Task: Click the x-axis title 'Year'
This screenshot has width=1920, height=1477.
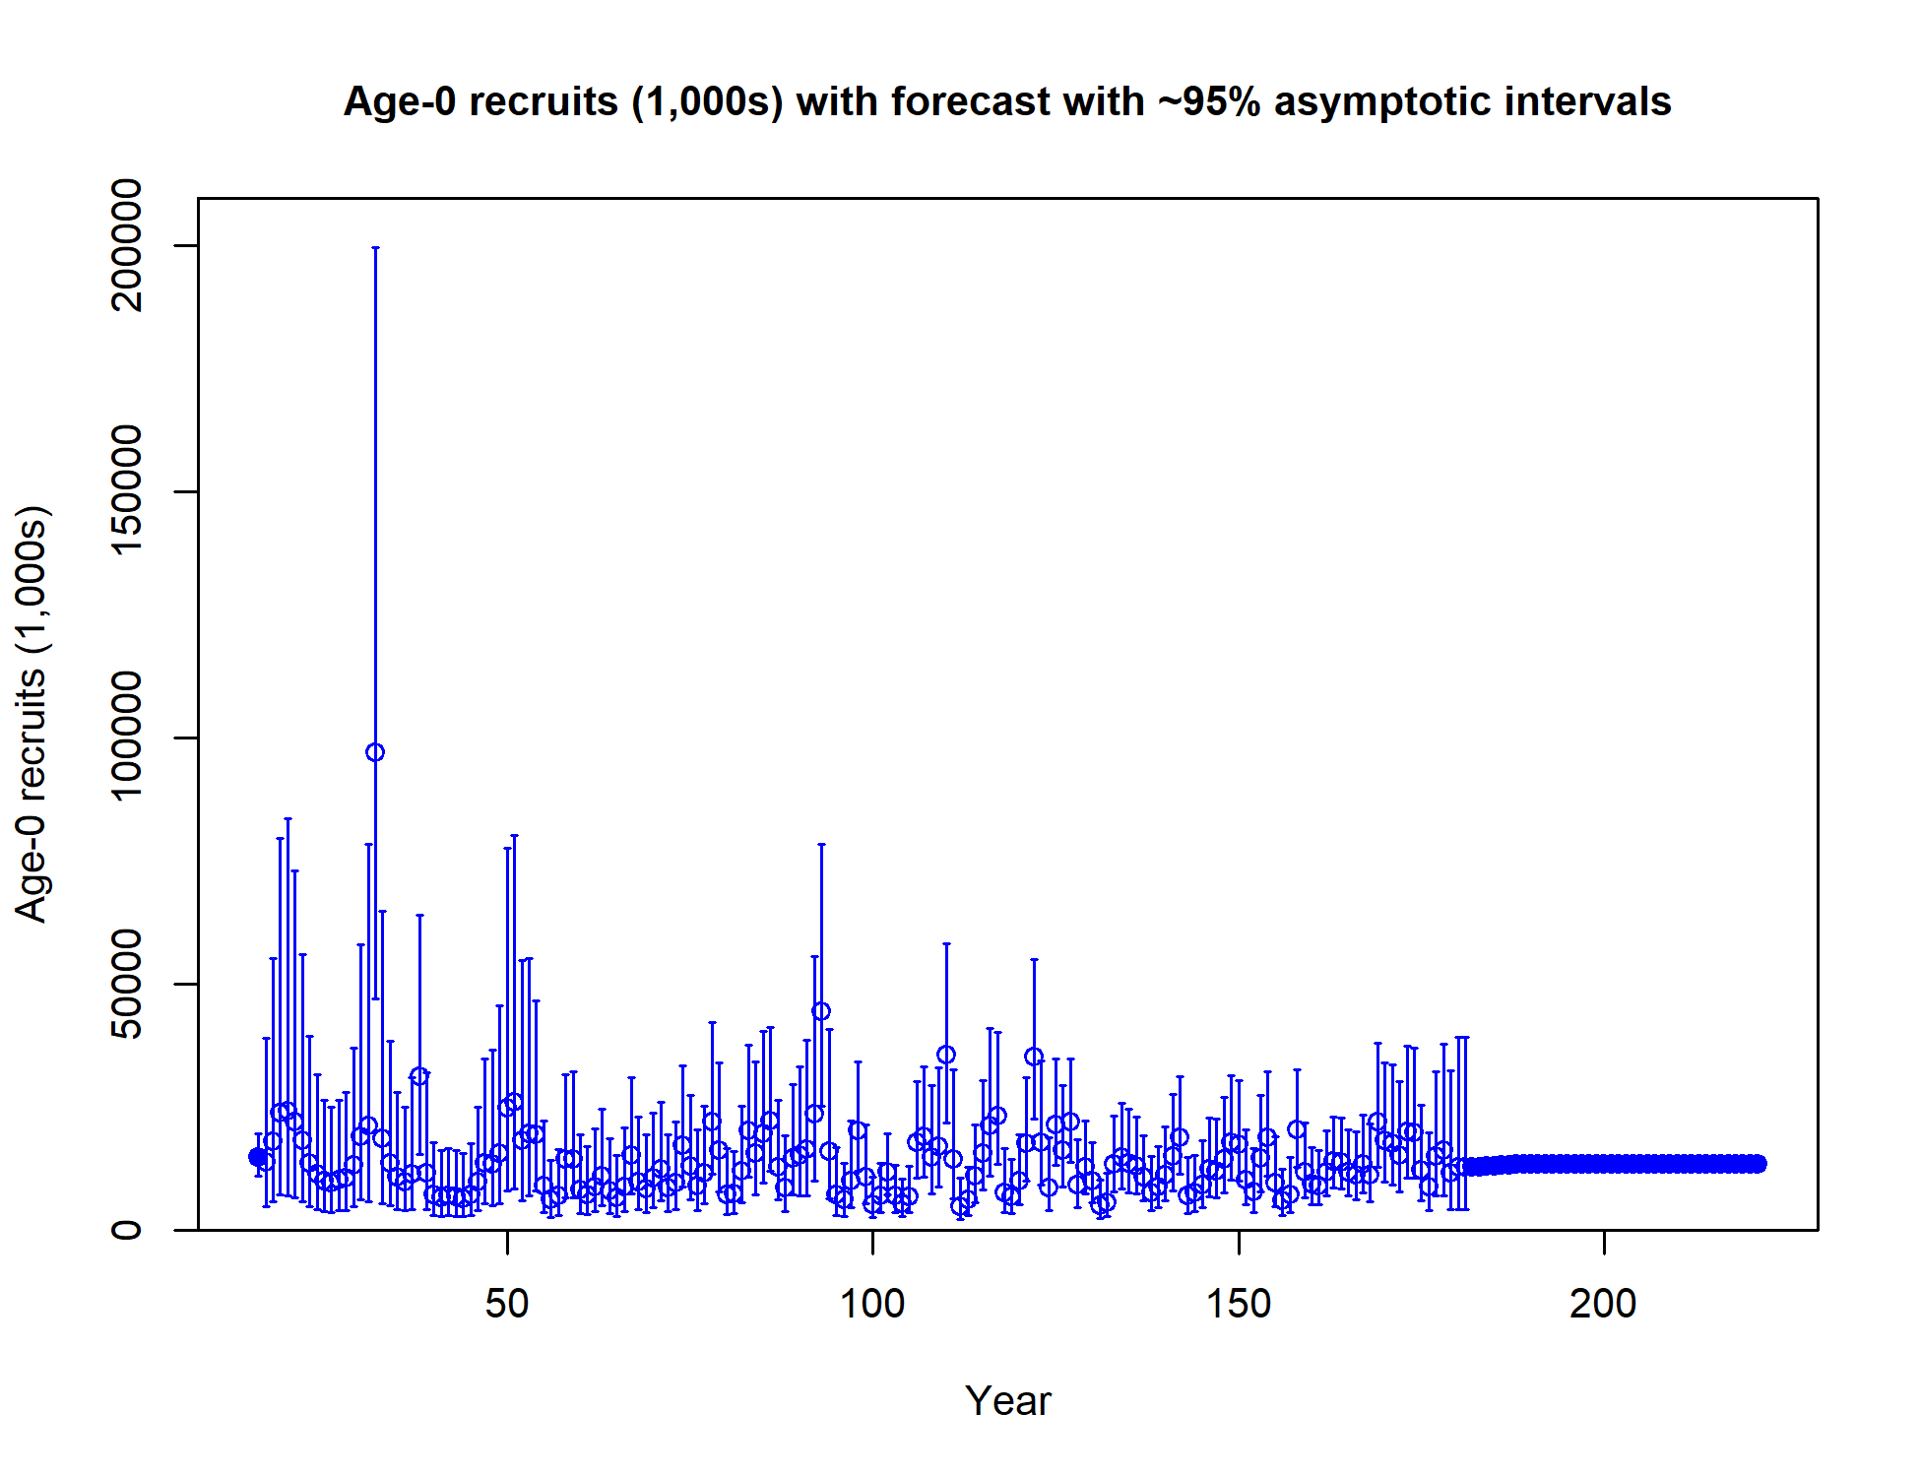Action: pos(1007,1400)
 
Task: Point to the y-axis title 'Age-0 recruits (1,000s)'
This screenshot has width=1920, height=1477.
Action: pos(32,714)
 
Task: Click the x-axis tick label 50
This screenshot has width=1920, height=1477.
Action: pos(507,1304)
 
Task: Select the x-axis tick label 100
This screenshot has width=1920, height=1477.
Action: pos(872,1304)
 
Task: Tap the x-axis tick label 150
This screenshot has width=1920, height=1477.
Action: pos(1238,1304)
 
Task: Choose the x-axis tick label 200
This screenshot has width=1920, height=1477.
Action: pos(1603,1304)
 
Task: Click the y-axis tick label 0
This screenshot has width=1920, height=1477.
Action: pos(126,1230)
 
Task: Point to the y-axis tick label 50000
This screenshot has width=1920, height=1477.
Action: pos(126,984)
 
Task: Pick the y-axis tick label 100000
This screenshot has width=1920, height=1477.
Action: pos(126,738)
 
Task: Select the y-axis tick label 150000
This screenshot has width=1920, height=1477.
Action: pos(126,491)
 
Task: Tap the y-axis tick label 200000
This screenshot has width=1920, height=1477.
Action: pos(126,245)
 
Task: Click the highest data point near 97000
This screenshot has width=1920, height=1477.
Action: pos(375,752)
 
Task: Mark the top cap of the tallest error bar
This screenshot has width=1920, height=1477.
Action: pos(375,248)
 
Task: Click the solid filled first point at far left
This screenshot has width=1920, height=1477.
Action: pos(258,1157)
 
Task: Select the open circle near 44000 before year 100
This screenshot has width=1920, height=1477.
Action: pos(821,1011)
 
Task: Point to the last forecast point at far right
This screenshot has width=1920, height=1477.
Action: pos(1758,1164)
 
